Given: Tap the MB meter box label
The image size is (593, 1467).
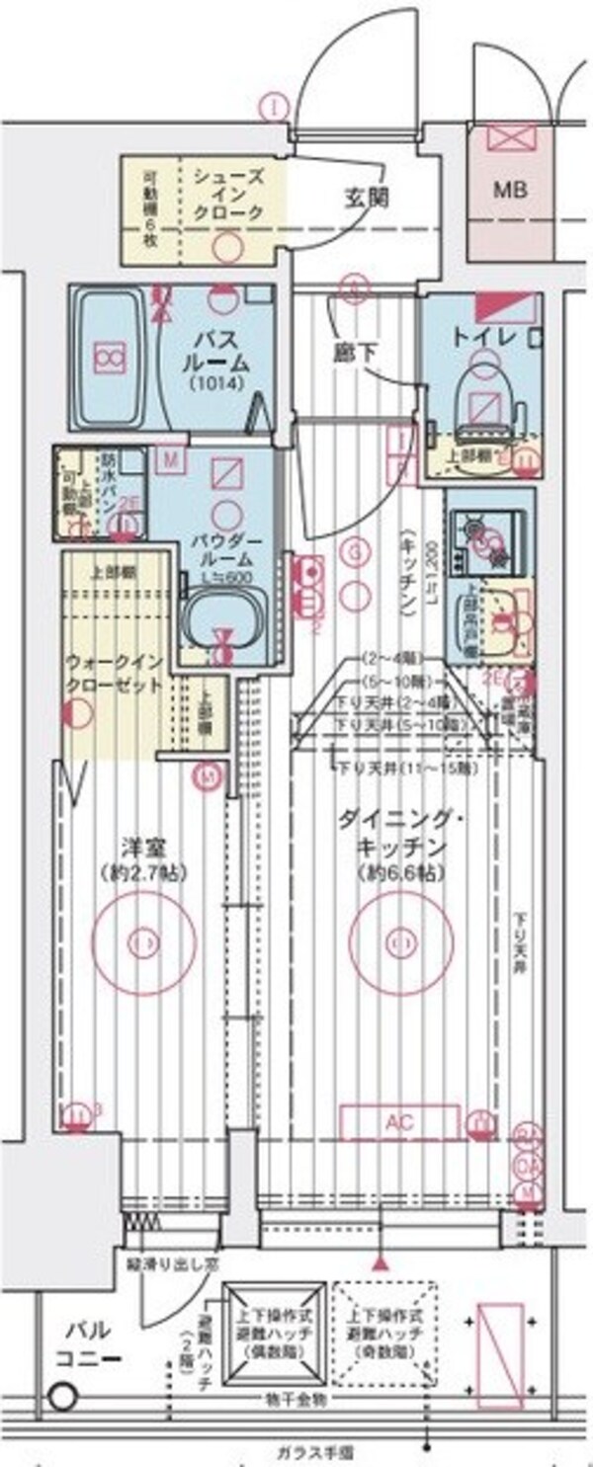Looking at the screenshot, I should (511, 189).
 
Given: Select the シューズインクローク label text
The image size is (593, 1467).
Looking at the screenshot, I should (227, 195).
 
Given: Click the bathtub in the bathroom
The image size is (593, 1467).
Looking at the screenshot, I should (108, 355).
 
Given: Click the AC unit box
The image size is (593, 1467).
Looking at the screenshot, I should (399, 1122).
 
